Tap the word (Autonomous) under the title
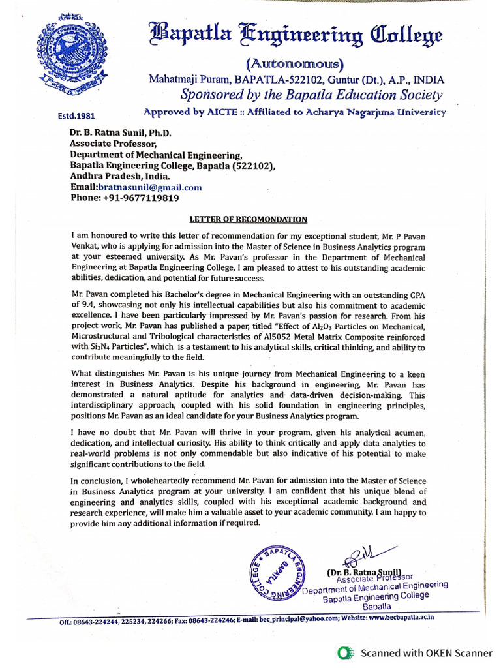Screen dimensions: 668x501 coord(295,65)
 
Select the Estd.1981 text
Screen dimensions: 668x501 coord(77,116)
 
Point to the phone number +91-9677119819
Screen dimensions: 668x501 coord(141,198)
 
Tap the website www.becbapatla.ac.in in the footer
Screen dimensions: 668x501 coord(401,617)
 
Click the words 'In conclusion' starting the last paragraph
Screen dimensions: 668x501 coord(97,481)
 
